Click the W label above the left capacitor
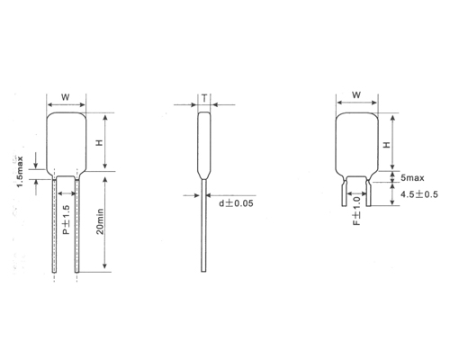pyautogui.click(x=66, y=95)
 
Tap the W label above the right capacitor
pyautogui.click(x=355, y=94)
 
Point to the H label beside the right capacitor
pyautogui.click(x=388, y=143)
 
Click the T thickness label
pyautogui.click(x=205, y=97)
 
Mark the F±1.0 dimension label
pyautogui.click(x=356, y=219)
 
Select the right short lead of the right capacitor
pyautogui.click(x=366, y=190)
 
